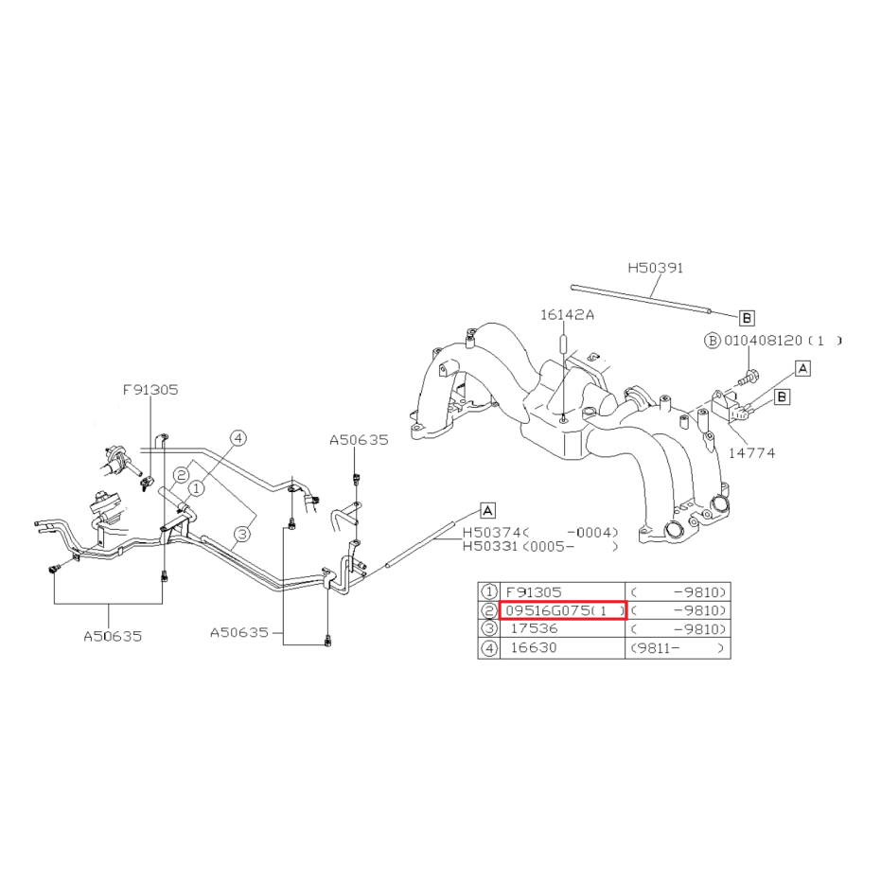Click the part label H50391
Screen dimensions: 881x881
[655, 268]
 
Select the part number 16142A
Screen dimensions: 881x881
[567, 315]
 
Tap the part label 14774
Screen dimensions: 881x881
[751, 453]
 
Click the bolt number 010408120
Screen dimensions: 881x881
[763, 341]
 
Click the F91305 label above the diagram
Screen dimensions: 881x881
[150, 390]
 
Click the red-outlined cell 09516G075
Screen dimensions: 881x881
[562, 610]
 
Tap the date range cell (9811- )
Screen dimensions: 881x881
[678, 648]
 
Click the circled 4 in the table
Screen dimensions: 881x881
[489, 648]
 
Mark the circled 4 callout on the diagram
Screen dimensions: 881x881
[238, 438]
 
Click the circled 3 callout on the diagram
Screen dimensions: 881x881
[242, 534]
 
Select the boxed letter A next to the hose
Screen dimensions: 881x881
[487, 511]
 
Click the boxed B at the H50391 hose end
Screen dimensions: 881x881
[747, 318]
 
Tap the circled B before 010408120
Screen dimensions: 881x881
[713, 341]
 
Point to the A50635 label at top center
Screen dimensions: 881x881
[359, 440]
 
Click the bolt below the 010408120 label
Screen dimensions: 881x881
[748, 377]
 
